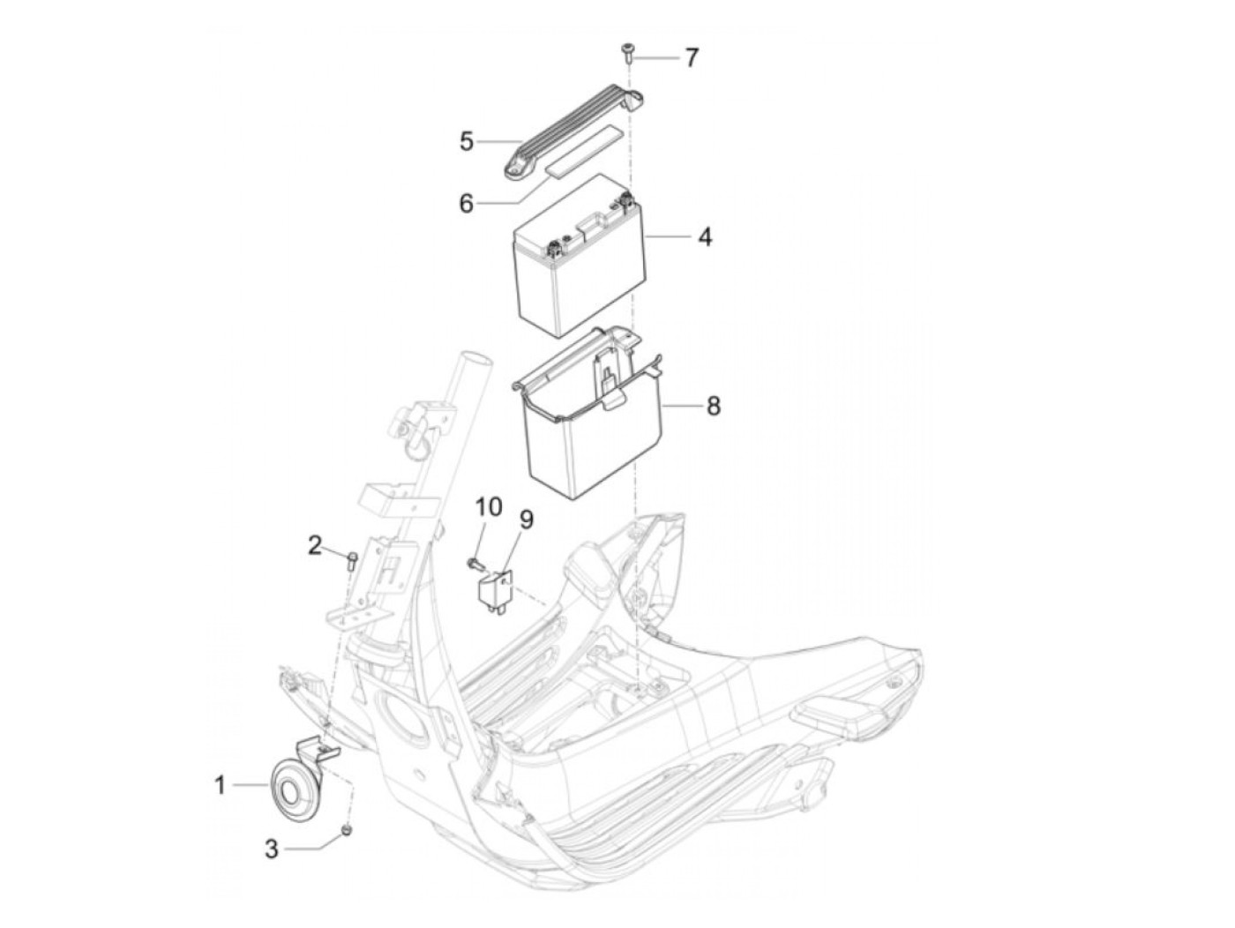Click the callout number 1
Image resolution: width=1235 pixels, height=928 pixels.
pos(221,783)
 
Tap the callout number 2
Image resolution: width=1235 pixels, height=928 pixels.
pos(315,545)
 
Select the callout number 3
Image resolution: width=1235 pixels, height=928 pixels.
pos(272,849)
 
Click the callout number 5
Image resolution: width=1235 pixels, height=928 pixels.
pos(467,141)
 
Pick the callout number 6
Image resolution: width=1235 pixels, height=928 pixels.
pos(466,203)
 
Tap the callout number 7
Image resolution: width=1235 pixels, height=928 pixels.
pos(692,58)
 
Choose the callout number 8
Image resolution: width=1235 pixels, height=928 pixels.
pos(713,406)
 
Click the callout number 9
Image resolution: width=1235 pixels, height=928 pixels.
pos(526,520)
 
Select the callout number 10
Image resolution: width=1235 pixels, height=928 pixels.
pos(488,506)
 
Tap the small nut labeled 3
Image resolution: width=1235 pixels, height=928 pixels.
pos(348,829)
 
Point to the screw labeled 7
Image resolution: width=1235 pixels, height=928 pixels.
pos(626,50)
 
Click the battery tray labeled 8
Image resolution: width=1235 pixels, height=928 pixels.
pos(591,423)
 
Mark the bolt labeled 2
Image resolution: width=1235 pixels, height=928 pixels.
pos(351,559)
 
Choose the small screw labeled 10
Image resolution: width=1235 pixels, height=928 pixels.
pos(475,561)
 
